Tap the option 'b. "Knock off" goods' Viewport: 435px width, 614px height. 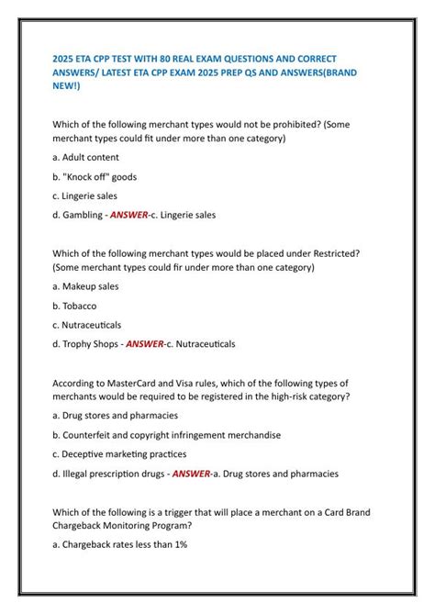[95, 177]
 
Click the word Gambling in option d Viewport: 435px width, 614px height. [83, 216]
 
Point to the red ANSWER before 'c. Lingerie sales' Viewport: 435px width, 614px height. [128, 216]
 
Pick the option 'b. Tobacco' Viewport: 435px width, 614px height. [74, 306]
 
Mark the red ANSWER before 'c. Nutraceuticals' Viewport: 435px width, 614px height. [145, 344]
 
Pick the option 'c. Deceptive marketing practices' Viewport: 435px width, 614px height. [119, 454]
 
